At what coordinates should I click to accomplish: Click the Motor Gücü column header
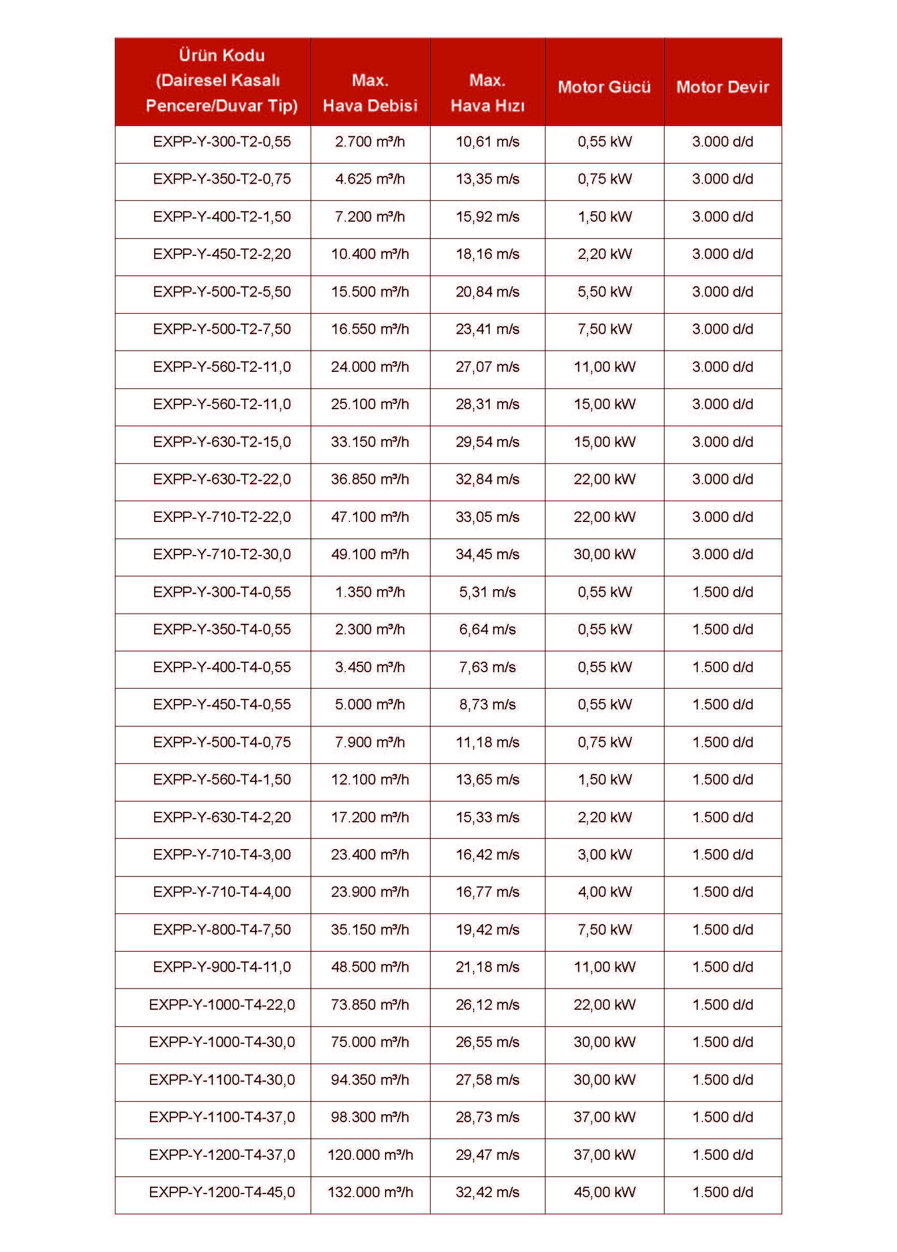(x=604, y=86)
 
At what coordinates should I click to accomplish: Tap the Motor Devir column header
(x=722, y=86)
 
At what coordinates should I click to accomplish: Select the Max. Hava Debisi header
(x=370, y=93)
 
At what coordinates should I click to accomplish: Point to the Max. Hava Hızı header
(x=488, y=93)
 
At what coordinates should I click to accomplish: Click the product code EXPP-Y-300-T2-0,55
(x=222, y=142)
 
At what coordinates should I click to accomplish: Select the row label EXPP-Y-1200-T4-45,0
(x=222, y=1192)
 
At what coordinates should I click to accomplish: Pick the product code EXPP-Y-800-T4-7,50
(x=222, y=929)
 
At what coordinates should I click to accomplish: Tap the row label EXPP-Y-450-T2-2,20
(x=222, y=254)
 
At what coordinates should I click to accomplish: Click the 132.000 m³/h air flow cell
(x=370, y=1192)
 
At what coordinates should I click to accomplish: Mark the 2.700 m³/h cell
(x=370, y=142)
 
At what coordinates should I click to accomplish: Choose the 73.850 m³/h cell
(x=370, y=1004)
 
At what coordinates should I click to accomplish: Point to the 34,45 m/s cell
(x=488, y=554)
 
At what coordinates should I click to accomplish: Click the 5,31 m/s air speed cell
(x=488, y=592)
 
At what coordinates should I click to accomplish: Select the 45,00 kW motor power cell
(x=605, y=1192)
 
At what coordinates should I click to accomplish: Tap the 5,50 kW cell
(x=605, y=292)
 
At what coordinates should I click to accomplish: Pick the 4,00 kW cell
(x=605, y=892)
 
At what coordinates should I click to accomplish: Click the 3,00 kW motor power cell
(x=605, y=854)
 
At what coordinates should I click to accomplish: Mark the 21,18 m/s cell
(x=488, y=967)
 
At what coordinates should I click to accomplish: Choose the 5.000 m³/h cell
(x=370, y=704)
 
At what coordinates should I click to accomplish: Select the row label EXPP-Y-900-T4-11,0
(x=222, y=967)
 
